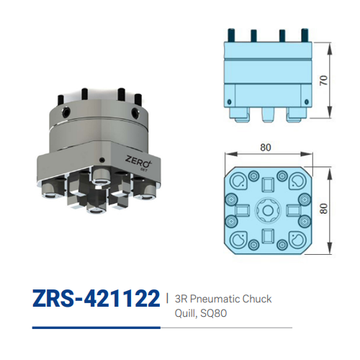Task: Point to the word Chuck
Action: (258, 298)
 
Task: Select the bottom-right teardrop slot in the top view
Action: (294, 240)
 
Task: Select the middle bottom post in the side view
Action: (266, 113)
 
